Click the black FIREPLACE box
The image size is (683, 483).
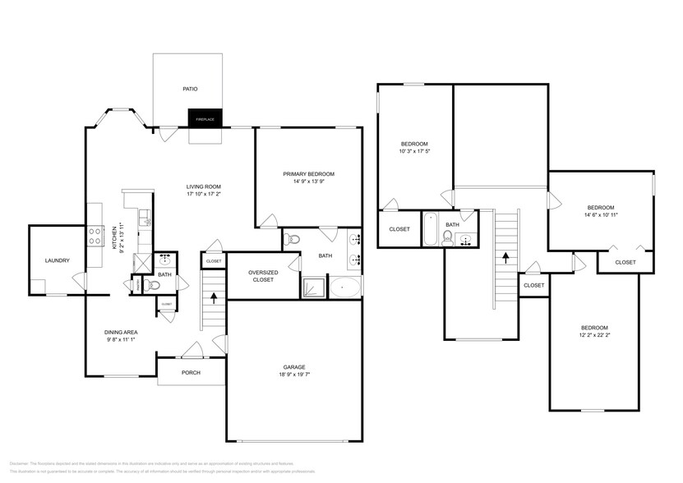tap(205, 120)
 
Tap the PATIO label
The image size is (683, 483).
tap(190, 89)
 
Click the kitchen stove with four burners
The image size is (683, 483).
tap(95, 237)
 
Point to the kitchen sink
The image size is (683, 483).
tap(145, 218)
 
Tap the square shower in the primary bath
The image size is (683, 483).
tap(312, 287)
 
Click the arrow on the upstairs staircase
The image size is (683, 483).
tap(505, 257)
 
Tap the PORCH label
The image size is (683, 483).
tap(191, 372)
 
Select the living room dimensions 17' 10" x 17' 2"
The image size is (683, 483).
tap(204, 194)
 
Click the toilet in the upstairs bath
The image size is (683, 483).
tap(448, 237)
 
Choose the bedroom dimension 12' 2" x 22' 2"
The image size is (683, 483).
tap(593, 335)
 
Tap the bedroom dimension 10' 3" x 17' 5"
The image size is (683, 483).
tap(414, 150)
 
